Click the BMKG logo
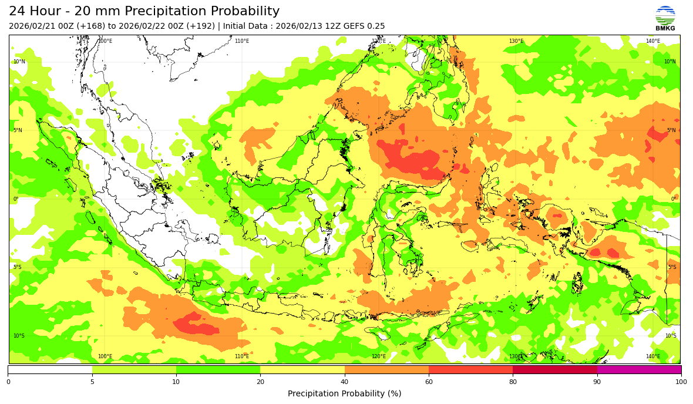tap(665, 18)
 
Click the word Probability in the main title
tap(241, 11)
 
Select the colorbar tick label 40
tap(345, 382)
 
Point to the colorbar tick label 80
tap(513, 382)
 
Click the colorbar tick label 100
tap(681, 382)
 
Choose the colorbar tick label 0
tap(8, 382)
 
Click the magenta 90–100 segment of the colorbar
tap(639, 370)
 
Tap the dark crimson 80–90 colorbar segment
tap(555, 370)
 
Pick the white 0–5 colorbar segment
tap(50, 370)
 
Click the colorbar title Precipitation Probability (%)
tap(344, 393)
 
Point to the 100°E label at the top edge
tap(105, 41)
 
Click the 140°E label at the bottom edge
tap(653, 356)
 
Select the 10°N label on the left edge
tap(19, 62)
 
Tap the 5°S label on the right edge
tap(672, 267)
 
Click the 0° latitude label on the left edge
tap(16, 199)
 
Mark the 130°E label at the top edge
tap(516, 41)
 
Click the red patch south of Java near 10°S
tap(196, 324)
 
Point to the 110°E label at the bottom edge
tap(242, 356)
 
